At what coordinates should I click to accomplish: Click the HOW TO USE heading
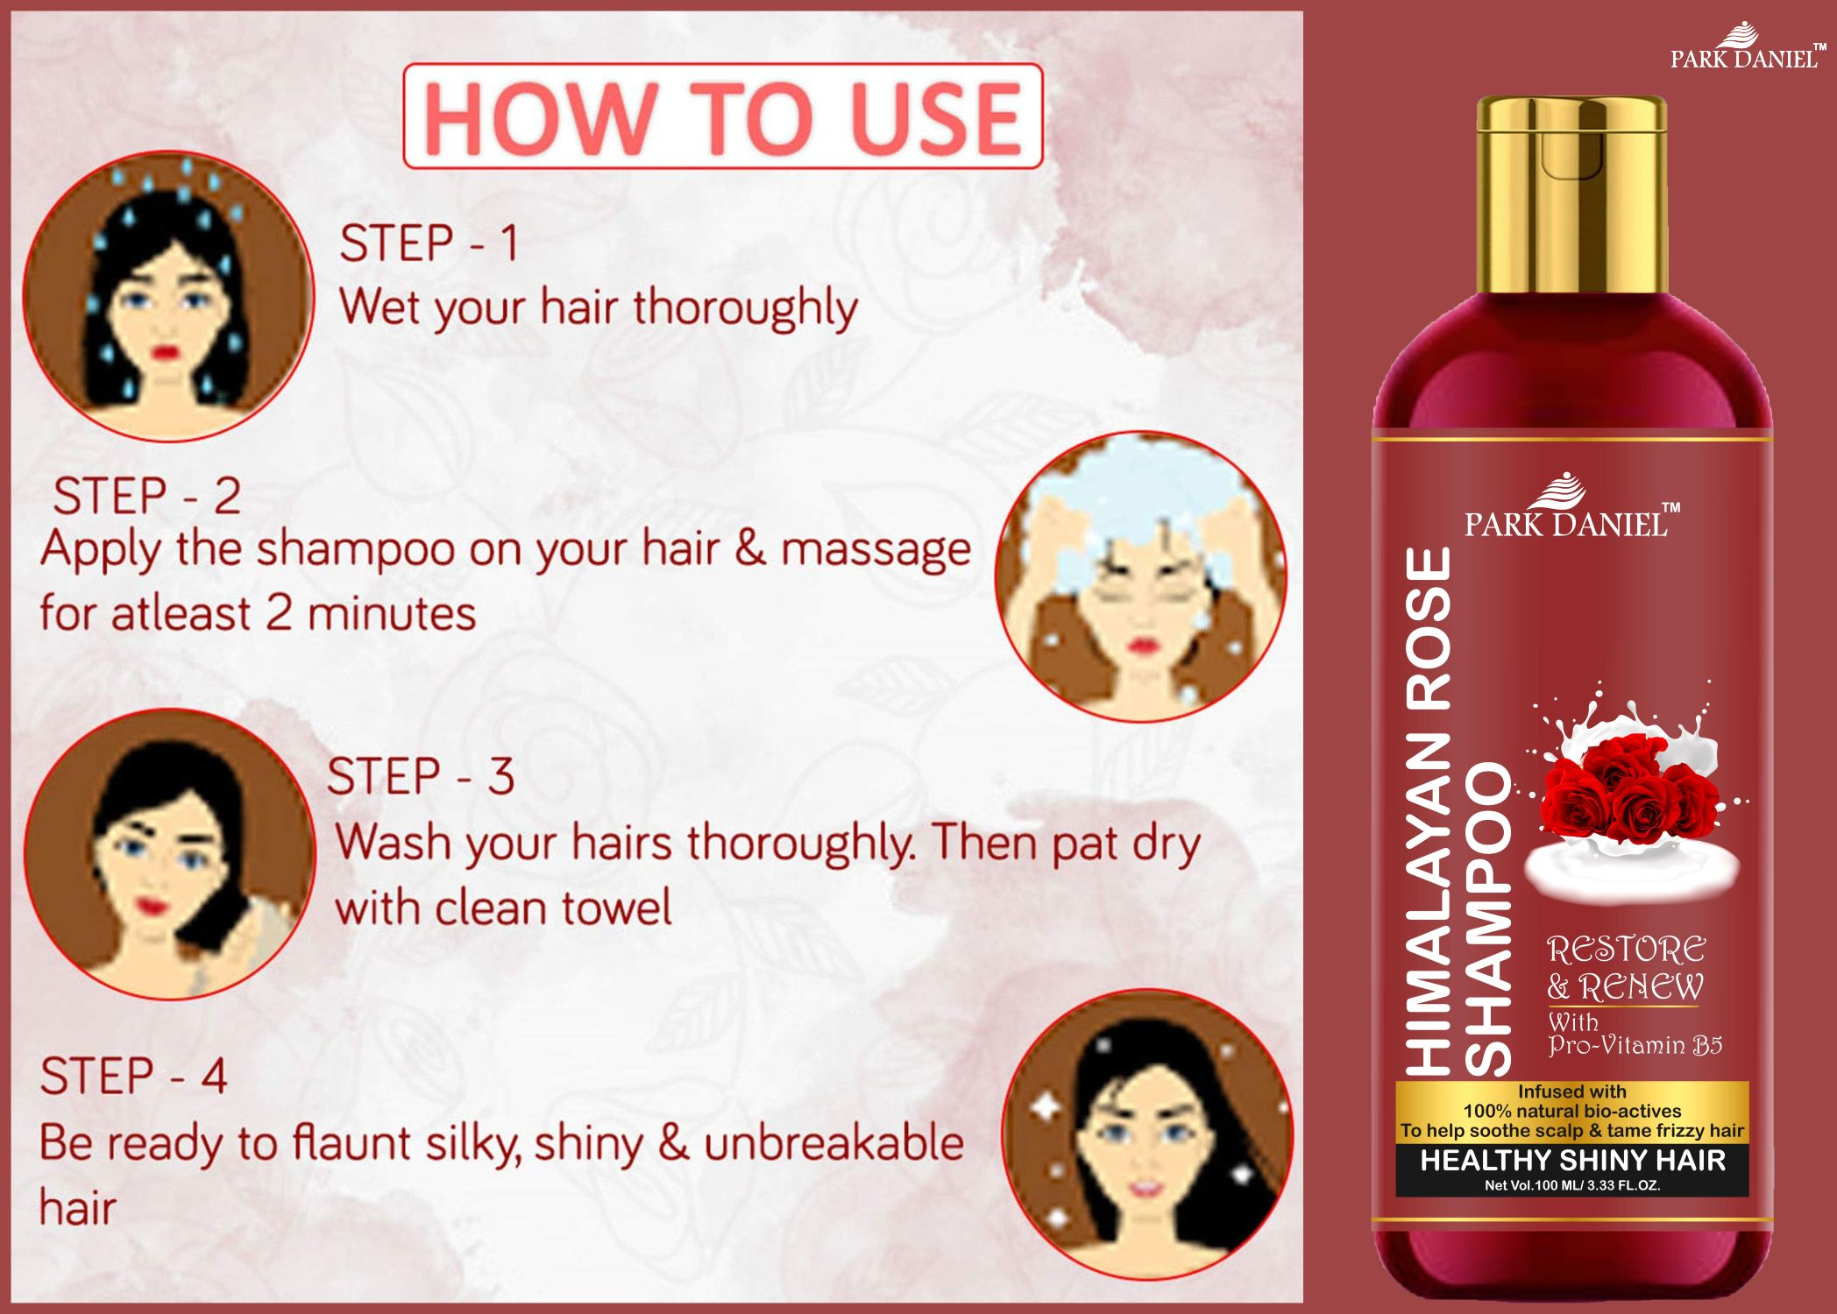[722, 117]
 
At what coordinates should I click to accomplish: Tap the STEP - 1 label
[429, 243]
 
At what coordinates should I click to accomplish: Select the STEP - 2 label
[146, 496]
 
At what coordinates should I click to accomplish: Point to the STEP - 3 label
[421, 776]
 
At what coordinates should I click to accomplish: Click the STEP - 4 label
[133, 1076]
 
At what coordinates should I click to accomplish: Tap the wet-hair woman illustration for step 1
[168, 296]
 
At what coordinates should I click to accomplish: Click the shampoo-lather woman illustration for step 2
[1141, 576]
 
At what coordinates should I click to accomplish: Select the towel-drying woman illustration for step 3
[169, 854]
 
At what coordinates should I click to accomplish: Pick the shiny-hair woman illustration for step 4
[1148, 1134]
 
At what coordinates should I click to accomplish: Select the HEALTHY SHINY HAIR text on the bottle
[1572, 1160]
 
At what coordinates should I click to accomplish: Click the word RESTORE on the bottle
[1627, 950]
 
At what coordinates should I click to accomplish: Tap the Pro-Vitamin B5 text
[1635, 1045]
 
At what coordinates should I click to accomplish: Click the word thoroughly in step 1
[745, 308]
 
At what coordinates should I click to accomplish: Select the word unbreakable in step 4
[833, 1142]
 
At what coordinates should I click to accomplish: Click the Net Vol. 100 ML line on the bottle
[1572, 1186]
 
